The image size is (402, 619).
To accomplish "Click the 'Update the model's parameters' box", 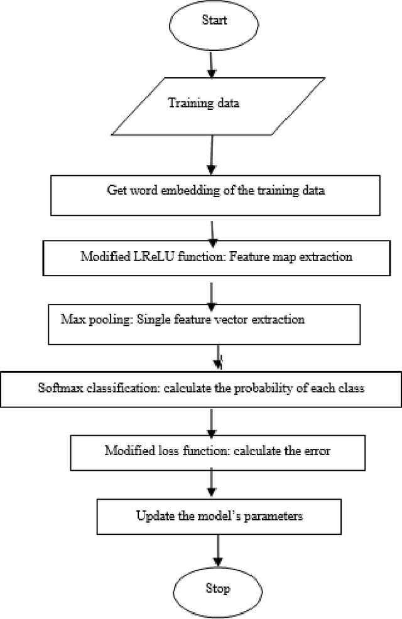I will (x=219, y=516).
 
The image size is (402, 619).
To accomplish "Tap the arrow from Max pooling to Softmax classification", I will (x=218, y=358).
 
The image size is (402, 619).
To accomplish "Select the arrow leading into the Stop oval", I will (x=217, y=551).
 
